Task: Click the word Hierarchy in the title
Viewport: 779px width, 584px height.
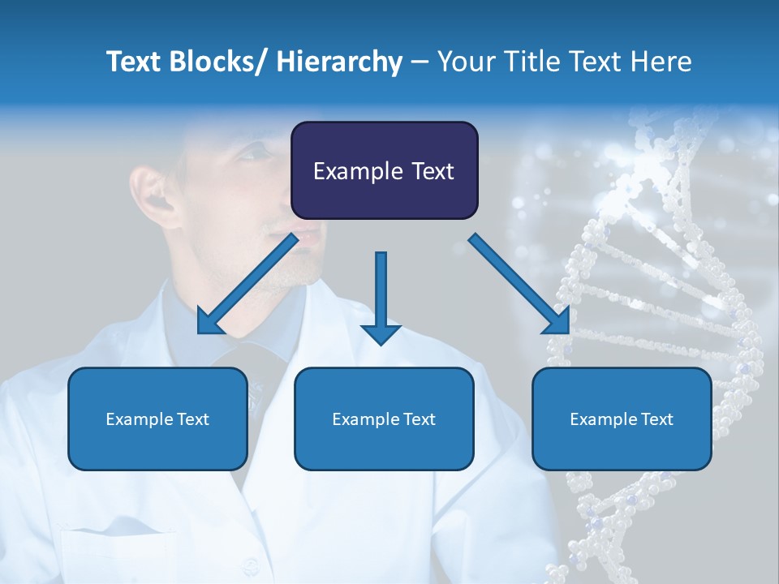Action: tap(339, 62)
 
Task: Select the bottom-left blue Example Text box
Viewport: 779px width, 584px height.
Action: tap(157, 419)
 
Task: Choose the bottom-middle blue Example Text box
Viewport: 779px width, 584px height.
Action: tap(384, 419)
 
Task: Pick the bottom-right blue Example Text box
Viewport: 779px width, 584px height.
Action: tap(622, 419)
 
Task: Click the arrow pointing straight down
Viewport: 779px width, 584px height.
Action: tap(381, 300)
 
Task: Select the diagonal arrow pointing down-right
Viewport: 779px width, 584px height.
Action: tap(519, 284)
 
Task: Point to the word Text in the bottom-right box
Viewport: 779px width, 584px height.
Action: tap(656, 419)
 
